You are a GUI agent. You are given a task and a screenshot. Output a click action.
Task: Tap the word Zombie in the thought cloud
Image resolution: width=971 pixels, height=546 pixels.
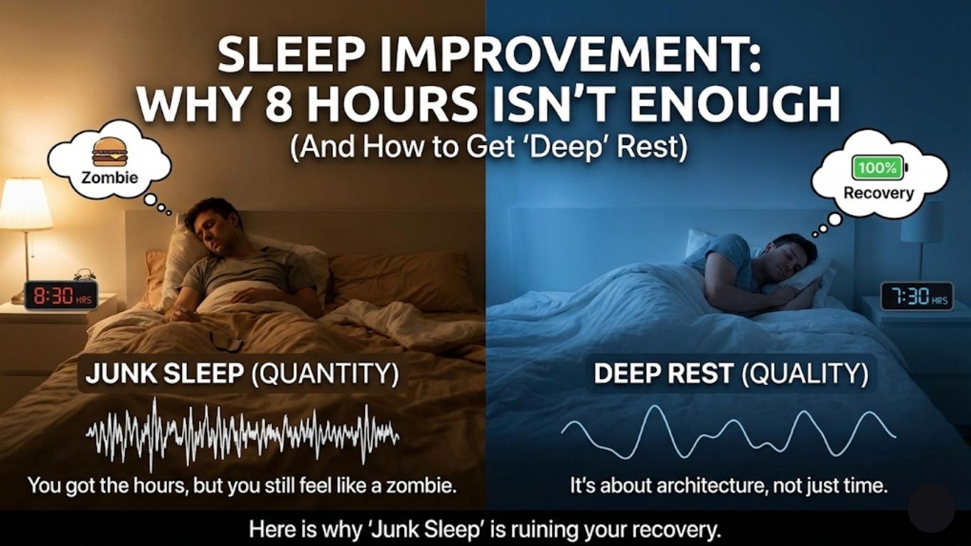pos(109,177)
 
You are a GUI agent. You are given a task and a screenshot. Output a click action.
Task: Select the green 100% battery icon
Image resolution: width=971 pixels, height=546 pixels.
pos(879,168)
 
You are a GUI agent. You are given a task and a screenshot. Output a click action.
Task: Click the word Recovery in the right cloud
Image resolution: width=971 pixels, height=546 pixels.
pos(879,193)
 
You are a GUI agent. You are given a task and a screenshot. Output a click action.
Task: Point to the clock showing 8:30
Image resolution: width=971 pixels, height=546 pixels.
pos(60,294)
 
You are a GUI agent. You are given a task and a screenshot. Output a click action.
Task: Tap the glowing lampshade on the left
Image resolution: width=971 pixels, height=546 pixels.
pos(26,205)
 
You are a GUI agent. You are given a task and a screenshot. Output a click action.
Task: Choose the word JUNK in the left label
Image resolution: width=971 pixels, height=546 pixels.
pos(115,375)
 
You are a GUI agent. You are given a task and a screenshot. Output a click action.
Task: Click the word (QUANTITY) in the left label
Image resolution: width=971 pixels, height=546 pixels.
pos(325,375)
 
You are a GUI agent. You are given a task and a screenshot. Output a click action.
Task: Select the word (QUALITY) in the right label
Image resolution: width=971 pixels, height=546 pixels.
pos(805,375)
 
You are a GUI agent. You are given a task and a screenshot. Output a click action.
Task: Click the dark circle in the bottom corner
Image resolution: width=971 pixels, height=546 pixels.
pos(931,508)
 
